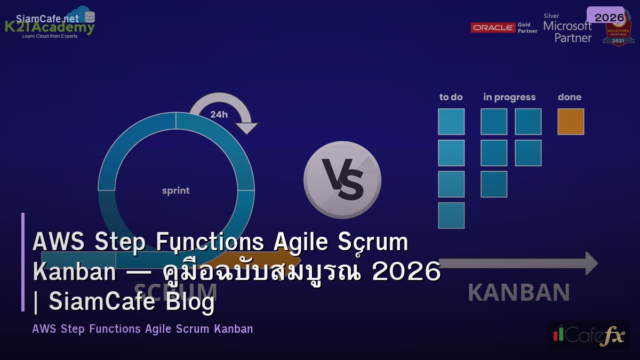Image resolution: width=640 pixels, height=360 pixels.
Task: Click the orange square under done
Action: [x=571, y=122]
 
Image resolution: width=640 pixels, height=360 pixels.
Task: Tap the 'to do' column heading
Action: [x=451, y=97]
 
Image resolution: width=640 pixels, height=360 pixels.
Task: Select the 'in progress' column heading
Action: [x=509, y=97]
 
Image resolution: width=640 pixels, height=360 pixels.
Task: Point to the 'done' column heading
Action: [x=570, y=97]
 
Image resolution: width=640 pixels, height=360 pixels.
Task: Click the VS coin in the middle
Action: [x=342, y=180]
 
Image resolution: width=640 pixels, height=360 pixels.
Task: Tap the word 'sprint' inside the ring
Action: [x=175, y=190]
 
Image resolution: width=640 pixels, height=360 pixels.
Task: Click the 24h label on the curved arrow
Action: [x=219, y=114]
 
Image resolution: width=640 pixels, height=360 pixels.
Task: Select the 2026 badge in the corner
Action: [x=609, y=17]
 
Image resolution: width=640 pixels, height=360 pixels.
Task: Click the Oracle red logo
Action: [x=493, y=28]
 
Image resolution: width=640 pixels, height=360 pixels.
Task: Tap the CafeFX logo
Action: [x=588, y=335]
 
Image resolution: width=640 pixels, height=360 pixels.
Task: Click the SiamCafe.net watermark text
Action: [x=47, y=19]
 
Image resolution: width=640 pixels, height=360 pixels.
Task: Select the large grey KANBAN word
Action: [x=518, y=292]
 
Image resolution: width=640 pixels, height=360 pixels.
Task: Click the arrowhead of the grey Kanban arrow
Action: [x=591, y=263]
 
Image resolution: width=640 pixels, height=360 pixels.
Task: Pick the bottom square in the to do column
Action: [x=451, y=215]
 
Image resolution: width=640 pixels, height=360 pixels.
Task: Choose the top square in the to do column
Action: [x=451, y=122]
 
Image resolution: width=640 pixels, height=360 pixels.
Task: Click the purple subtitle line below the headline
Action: [x=142, y=329]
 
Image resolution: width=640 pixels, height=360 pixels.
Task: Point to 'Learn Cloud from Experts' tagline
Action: [x=50, y=36]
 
